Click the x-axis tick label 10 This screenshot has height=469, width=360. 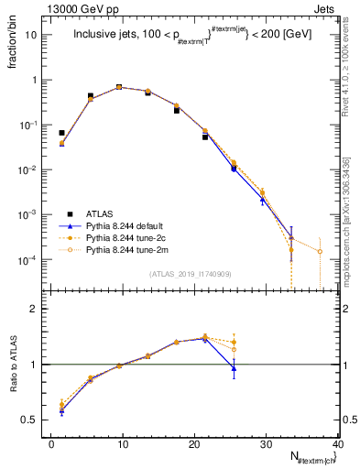tap(123, 443)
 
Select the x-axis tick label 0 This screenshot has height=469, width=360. tap(51, 443)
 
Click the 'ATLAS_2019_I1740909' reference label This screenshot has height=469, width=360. tap(189, 273)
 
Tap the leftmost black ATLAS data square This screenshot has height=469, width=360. tap(61, 133)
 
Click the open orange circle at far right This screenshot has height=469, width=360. tap(320, 251)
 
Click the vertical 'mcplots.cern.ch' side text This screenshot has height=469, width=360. tap(347, 220)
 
